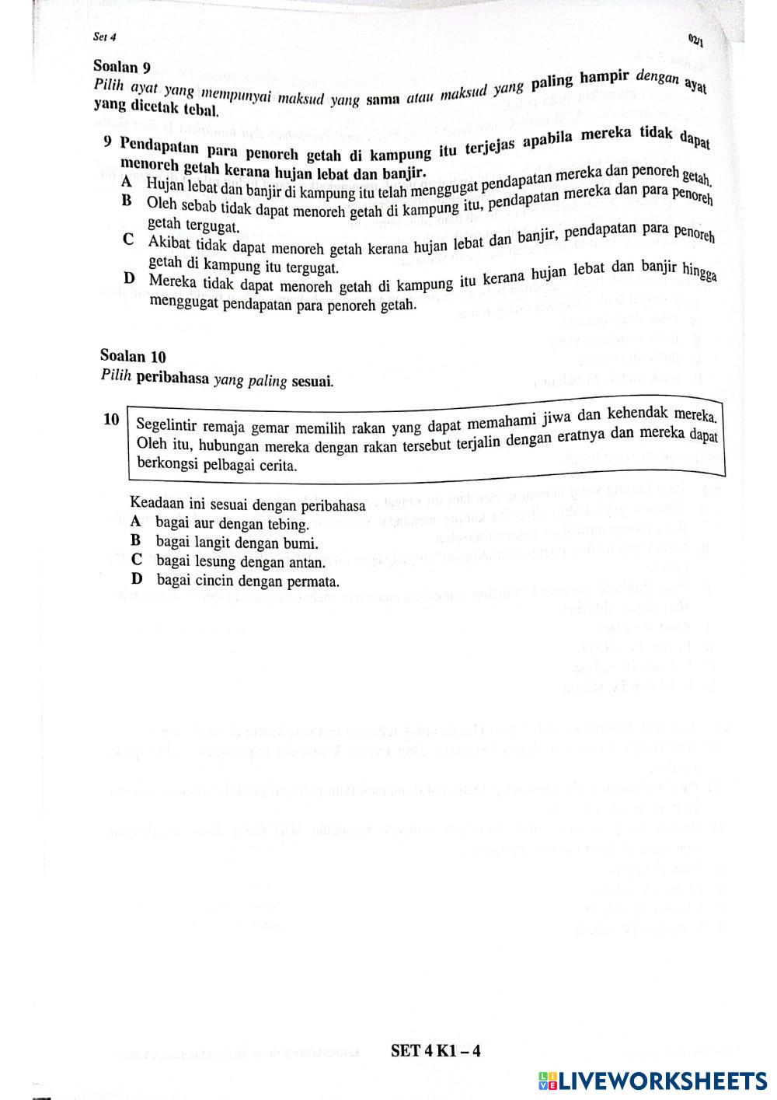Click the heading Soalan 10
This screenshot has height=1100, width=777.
[x=133, y=356]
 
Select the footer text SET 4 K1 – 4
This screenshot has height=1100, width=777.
[x=435, y=1051]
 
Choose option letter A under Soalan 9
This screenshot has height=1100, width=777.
[x=127, y=182]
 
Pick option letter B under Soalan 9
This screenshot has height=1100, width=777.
[x=127, y=201]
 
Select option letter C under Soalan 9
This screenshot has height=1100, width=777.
[x=127, y=240]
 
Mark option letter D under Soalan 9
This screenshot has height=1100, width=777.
[x=128, y=278]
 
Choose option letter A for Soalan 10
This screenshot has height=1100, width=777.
[x=136, y=522]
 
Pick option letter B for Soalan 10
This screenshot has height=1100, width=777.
[x=136, y=541]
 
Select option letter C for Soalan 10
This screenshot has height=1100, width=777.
[x=137, y=560]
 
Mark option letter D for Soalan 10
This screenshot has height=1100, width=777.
[x=138, y=579]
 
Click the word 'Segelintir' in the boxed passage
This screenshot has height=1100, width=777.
[x=166, y=425]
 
